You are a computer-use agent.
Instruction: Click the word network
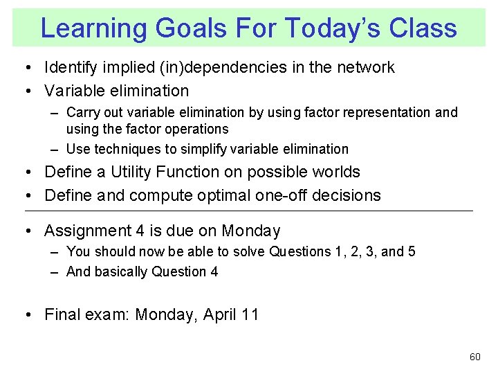365,67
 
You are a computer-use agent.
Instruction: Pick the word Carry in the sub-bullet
82,112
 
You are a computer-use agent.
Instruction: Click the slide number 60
474,357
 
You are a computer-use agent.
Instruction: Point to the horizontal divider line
249,211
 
